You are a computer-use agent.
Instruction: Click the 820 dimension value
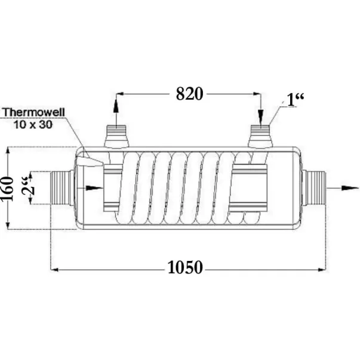(189, 94)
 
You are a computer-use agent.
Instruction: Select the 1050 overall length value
(185, 267)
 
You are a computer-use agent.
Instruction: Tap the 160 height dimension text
(7, 188)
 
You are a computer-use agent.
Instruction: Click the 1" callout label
(296, 100)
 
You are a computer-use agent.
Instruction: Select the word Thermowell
(34, 112)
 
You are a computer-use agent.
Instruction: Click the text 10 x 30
(33, 124)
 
